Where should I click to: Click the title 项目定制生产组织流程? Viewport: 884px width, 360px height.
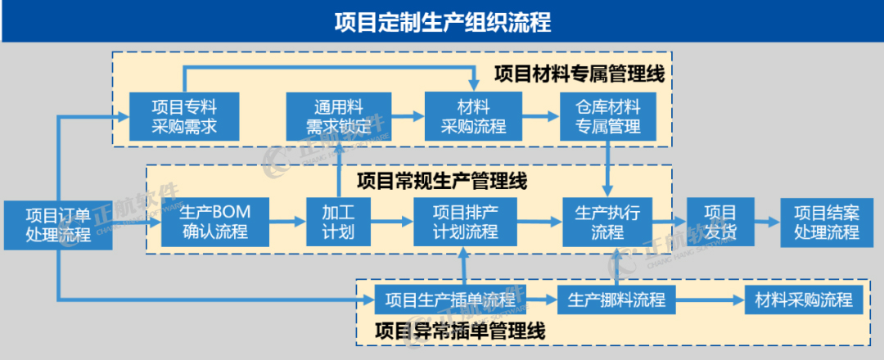pos(442,21)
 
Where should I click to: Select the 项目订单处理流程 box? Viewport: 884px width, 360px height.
pos(57,223)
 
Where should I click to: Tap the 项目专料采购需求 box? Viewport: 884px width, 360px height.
pos(184,116)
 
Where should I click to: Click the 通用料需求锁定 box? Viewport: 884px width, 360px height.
pos(339,116)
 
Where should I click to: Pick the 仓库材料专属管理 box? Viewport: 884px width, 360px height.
pos(607,116)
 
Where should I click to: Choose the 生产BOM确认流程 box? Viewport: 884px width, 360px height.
pos(214,222)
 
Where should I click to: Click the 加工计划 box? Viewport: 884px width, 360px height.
pos(338,222)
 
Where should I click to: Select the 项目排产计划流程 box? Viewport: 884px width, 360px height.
pos(465,222)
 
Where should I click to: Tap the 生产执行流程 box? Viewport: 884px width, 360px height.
pos(607,222)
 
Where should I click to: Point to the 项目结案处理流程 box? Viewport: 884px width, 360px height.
pos(826,222)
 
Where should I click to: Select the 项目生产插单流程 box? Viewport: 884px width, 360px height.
pos(450,299)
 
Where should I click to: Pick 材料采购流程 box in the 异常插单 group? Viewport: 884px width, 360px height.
pos(802,299)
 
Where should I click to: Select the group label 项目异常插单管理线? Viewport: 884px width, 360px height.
pos(459,331)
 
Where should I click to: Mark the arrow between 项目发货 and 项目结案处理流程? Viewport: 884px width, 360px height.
pos(766,222)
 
